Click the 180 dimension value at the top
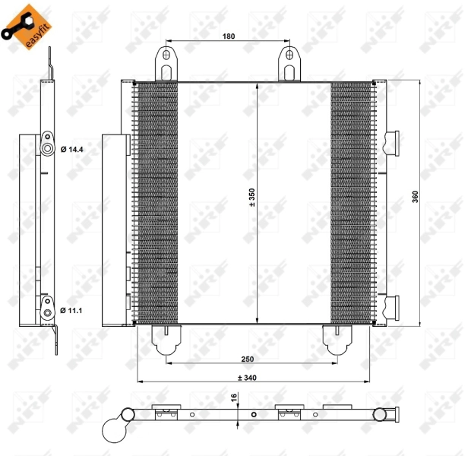[229, 36]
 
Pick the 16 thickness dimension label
[235, 396]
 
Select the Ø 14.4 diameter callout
[72, 149]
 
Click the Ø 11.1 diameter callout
[72, 310]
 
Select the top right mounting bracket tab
[289, 64]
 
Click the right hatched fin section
[352, 201]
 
